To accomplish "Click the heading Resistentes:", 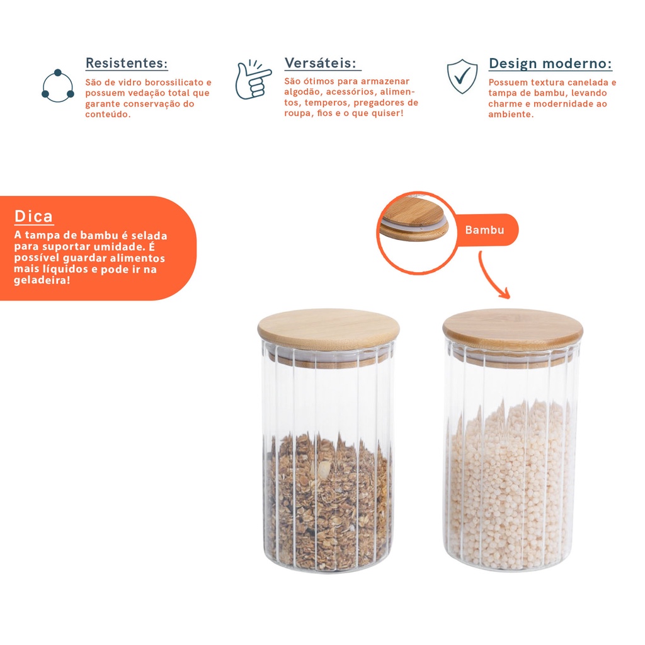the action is (127, 63).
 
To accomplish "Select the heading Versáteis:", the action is (321, 63).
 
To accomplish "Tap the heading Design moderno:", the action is (551, 64).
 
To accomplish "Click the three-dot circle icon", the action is (58, 86).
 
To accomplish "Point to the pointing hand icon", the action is (253, 79).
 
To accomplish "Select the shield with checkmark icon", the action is (462, 76).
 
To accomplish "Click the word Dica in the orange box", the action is (33, 216).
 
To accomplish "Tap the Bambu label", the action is (484, 229).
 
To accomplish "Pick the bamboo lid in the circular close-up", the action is (413, 222).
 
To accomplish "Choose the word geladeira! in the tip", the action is (42, 280).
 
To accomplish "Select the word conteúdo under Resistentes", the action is (108, 115).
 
